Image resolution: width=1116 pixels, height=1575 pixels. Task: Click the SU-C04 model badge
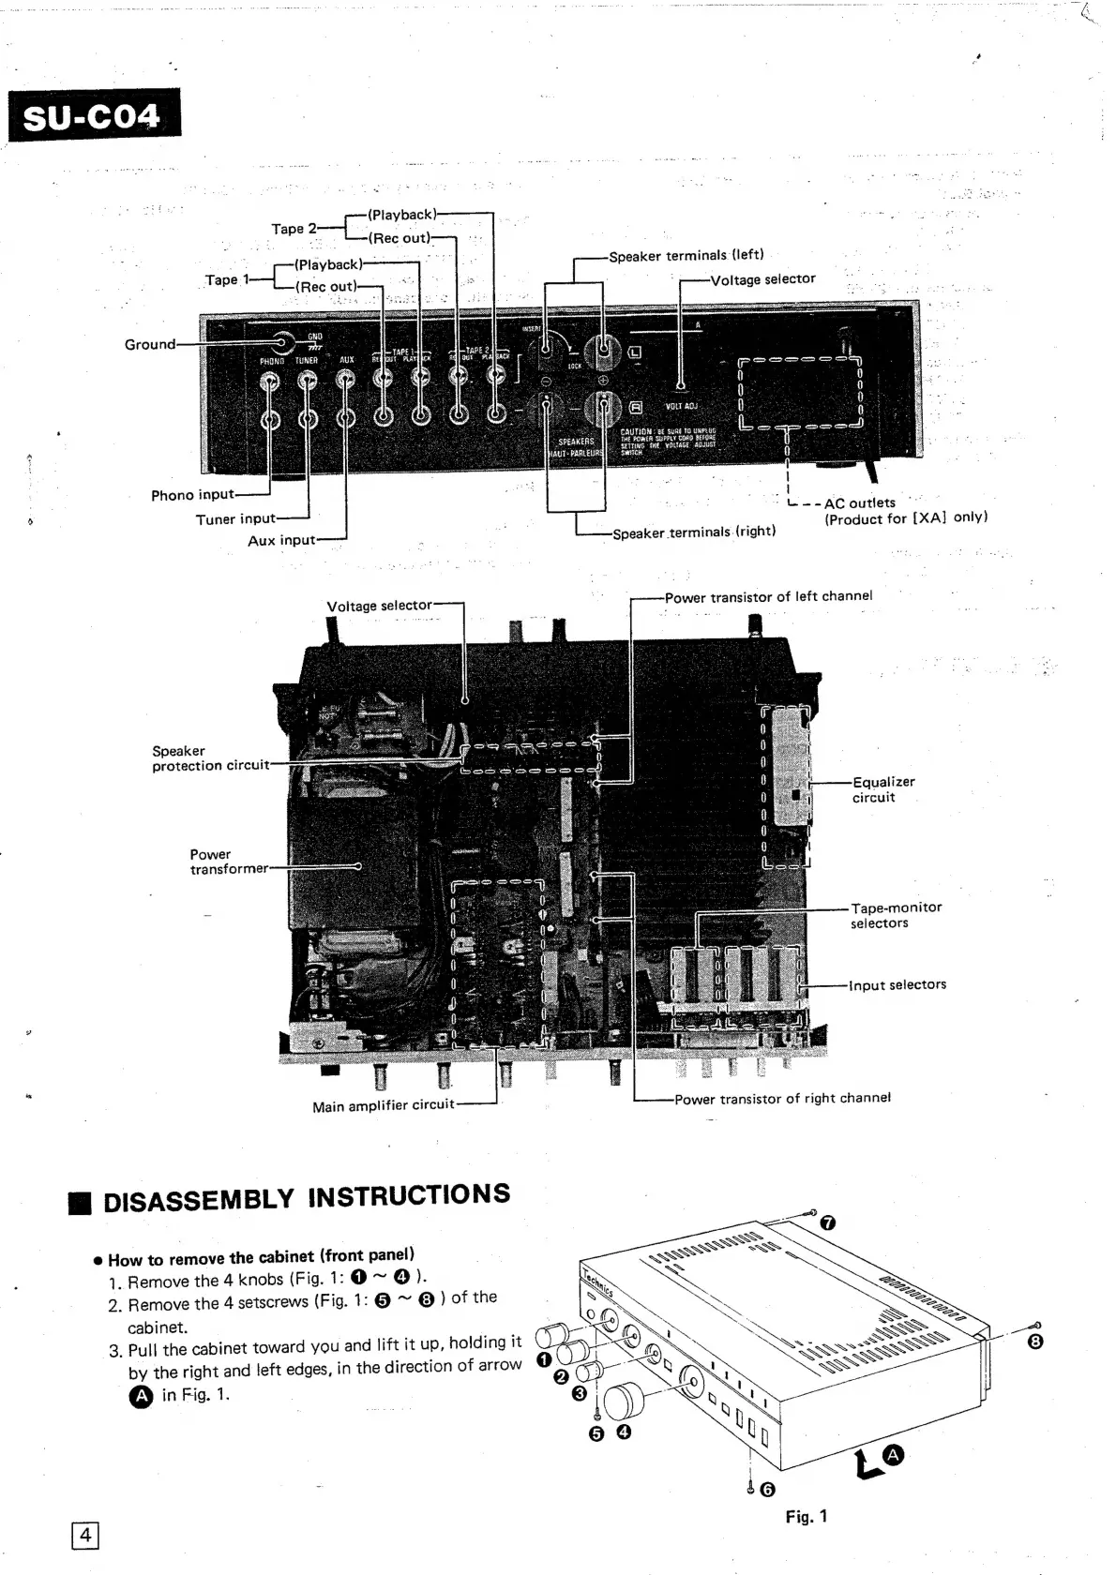[x=94, y=116]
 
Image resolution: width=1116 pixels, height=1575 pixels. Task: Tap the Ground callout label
[x=150, y=344]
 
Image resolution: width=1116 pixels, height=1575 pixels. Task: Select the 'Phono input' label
[x=192, y=495]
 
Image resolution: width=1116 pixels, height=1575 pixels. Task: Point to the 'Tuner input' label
[x=235, y=518]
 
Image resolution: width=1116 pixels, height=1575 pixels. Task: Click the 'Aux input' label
[x=281, y=540]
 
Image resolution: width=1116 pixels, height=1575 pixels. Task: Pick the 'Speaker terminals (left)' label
[x=686, y=255]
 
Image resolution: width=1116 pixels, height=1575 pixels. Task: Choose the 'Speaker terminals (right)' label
[x=693, y=532]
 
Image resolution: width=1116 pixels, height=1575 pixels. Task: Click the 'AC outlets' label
[x=859, y=502]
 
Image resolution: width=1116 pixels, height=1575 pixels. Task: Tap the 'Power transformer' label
[x=228, y=862]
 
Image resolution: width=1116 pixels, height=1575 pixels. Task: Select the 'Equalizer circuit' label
[x=882, y=789]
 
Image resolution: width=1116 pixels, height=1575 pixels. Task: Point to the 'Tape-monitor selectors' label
[x=896, y=915]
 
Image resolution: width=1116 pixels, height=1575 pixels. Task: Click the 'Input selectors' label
[x=897, y=984]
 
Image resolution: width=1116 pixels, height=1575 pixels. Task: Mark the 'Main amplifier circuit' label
[x=383, y=1105]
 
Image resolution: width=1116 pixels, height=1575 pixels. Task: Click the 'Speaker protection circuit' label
[x=210, y=758]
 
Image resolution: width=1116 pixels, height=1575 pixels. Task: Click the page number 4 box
[x=85, y=1535]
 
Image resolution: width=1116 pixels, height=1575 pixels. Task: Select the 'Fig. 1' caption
[x=807, y=1516]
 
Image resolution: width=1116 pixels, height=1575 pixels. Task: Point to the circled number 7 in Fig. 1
[x=827, y=1222]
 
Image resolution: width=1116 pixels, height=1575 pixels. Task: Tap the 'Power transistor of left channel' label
[x=768, y=596]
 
